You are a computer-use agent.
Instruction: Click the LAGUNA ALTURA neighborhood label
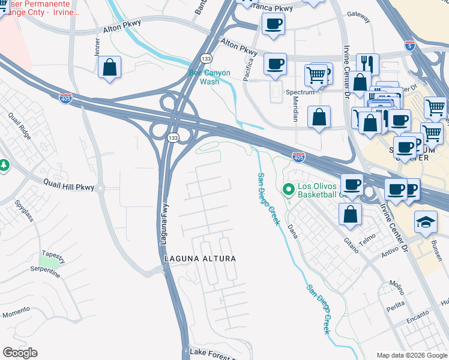[200, 258]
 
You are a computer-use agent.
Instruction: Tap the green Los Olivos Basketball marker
[288, 190]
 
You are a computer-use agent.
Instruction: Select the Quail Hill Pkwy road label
[68, 187]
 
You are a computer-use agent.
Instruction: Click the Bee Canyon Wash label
[209, 77]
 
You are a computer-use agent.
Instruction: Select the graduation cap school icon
[426, 221]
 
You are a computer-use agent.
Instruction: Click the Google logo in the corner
[20, 353]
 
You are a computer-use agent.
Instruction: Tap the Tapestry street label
[53, 254]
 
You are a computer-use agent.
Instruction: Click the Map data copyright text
[411, 355]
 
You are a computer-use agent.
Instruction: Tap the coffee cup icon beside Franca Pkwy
[274, 24]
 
